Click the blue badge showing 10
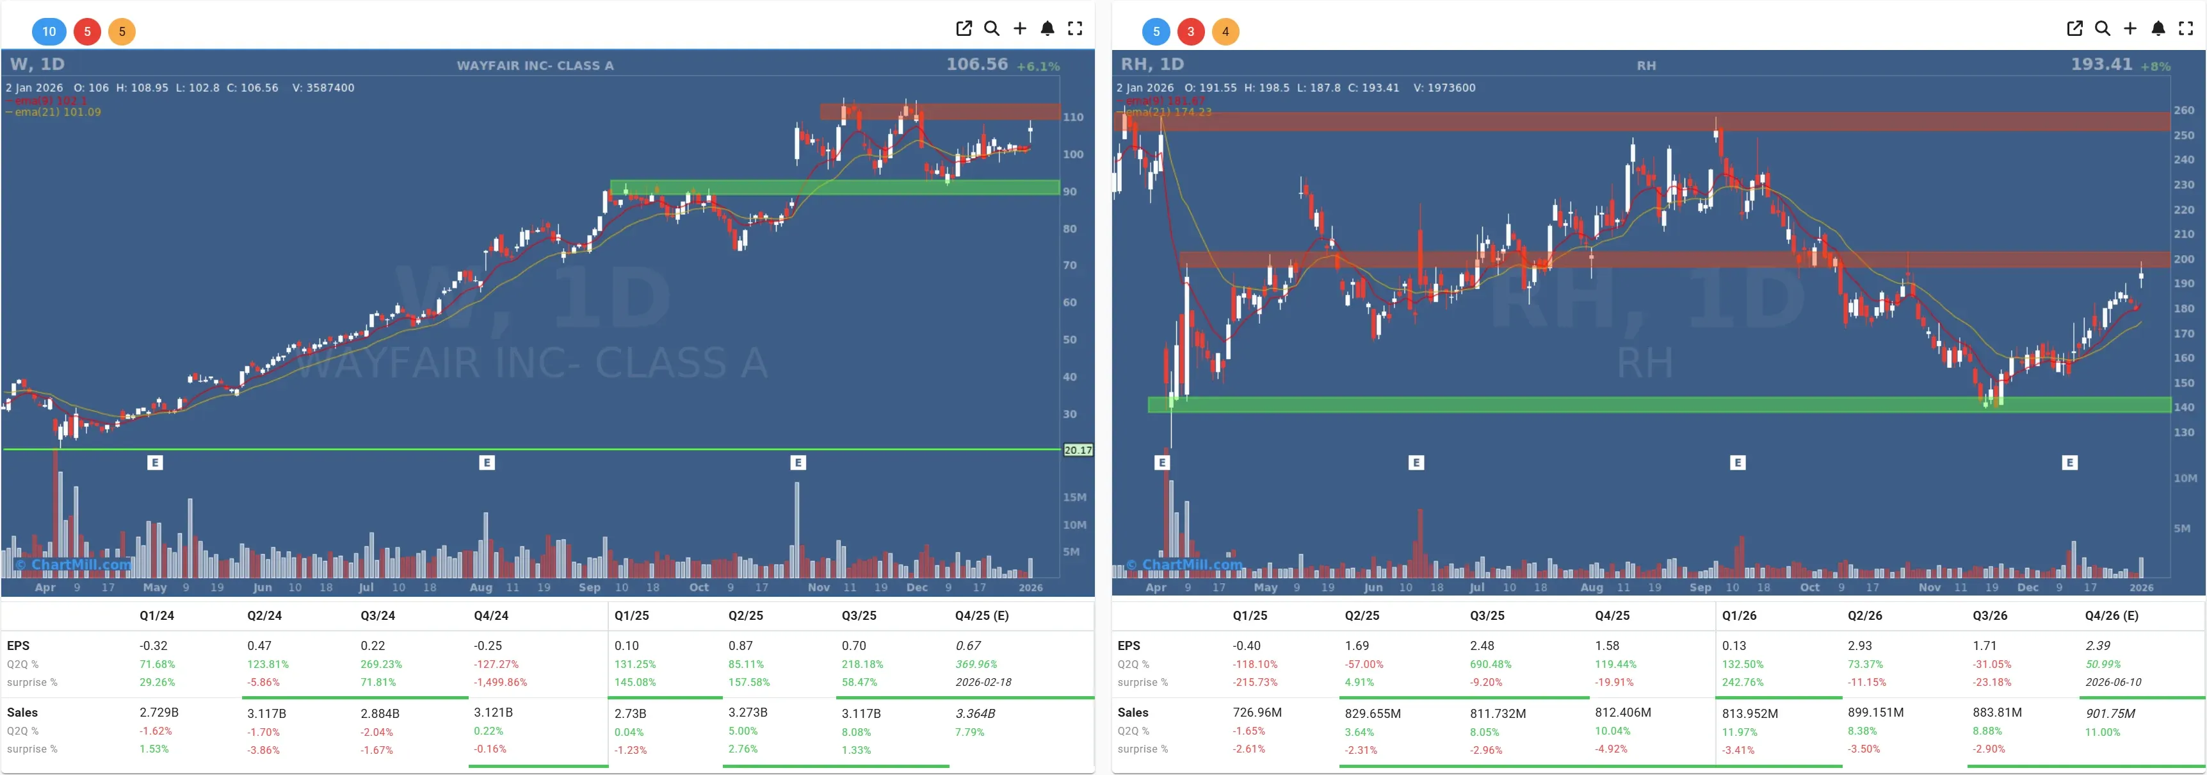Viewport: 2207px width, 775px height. coord(49,31)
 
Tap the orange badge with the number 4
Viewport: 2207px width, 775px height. coord(1225,31)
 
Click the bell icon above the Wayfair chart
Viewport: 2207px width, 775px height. coord(1047,28)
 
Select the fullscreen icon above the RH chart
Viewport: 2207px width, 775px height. coord(2186,28)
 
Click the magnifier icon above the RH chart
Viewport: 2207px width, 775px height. coord(2103,28)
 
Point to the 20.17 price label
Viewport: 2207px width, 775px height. coord(1078,450)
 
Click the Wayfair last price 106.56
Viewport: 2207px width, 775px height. coord(976,64)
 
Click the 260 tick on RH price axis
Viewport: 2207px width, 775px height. coord(2184,111)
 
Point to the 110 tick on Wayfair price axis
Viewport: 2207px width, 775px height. coord(1072,117)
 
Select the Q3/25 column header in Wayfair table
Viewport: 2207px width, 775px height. coord(859,615)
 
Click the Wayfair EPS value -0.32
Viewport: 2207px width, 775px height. coord(154,646)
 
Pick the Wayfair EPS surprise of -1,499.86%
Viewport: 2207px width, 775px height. coord(500,683)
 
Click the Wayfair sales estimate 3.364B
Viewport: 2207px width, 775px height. coord(975,713)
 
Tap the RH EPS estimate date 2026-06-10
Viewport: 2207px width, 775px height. coord(2113,683)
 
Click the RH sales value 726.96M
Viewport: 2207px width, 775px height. coord(1257,712)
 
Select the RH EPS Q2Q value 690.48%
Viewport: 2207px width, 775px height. coord(1490,664)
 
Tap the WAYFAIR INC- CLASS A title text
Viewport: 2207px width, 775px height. coord(535,65)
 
